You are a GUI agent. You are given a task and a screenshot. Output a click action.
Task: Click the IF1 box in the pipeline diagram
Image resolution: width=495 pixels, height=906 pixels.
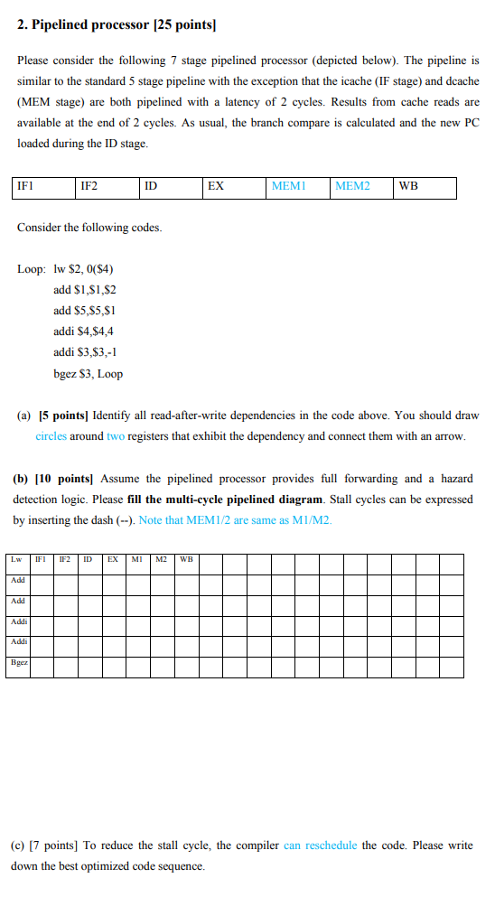coord(43,188)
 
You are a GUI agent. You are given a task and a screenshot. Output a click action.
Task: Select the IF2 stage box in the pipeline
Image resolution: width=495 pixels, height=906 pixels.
coord(107,188)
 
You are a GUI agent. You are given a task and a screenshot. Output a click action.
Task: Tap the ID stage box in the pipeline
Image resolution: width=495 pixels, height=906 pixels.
coord(170,188)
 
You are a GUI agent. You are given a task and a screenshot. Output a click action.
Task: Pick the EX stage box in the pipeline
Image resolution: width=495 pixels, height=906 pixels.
coord(234,188)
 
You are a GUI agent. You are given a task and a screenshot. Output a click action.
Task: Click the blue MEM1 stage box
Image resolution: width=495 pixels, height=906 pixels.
coord(297,188)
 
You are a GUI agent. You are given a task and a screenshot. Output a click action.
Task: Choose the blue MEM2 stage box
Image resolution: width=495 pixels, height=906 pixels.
coord(360,188)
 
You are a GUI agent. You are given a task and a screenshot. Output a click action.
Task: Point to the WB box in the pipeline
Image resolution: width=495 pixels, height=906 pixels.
coord(424,188)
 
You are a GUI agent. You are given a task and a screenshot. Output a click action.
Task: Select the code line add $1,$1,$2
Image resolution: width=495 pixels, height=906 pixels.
coord(85,289)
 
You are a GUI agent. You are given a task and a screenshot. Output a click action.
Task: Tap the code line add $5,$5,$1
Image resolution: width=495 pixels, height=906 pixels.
coord(85,310)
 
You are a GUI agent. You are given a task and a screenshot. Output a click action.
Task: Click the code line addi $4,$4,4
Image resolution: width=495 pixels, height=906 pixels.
coord(84,332)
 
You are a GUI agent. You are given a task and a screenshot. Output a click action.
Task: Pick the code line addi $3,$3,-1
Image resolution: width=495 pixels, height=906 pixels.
coord(86,352)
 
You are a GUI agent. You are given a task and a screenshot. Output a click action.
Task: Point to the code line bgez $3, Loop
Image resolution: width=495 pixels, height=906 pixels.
coord(89,374)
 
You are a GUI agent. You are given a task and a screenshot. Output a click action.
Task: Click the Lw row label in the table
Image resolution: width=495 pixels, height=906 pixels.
coord(17,559)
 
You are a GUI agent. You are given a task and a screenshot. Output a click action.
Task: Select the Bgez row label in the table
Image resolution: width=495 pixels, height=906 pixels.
coord(18,662)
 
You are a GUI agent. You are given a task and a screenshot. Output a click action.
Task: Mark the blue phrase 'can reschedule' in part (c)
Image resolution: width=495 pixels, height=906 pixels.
coord(320,845)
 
